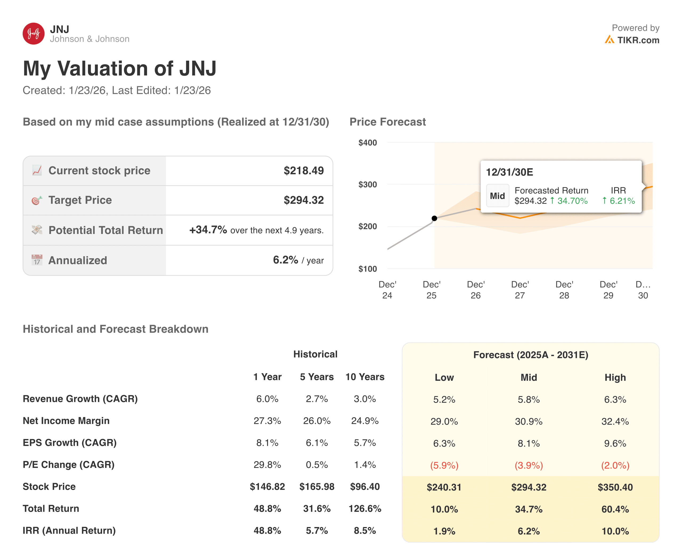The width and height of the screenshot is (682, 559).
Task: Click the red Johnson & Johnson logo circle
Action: click(x=34, y=34)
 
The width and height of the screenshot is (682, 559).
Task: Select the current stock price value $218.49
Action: click(x=303, y=171)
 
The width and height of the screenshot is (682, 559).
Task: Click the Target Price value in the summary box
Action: click(x=303, y=200)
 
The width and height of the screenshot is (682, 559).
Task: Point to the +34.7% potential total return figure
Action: click(x=208, y=230)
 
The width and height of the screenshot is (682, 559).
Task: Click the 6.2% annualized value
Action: click(x=285, y=260)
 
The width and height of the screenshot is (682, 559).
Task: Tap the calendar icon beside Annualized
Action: click(x=37, y=260)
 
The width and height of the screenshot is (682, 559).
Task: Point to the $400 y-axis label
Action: click(x=367, y=143)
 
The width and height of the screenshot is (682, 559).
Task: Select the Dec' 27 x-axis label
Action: click(x=520, y=290)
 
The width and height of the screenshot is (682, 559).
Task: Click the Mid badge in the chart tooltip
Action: click(x=497, y=196)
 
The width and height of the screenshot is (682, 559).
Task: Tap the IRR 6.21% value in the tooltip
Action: click(x=618, y=201)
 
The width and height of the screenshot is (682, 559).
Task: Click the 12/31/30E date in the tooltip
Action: click(x=509, y=172)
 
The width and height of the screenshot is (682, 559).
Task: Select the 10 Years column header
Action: click(x=364, y=377)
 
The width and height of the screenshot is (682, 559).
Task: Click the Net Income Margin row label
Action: click(x=66, y=421)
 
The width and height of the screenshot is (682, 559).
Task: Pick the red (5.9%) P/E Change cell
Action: click(x=444, y=465)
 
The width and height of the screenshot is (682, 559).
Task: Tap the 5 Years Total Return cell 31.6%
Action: click(x=316, y=509)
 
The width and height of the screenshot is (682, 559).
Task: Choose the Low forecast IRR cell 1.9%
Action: click(x=444, y=531)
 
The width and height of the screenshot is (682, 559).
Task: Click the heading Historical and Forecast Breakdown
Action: click(x=115, y=329)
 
